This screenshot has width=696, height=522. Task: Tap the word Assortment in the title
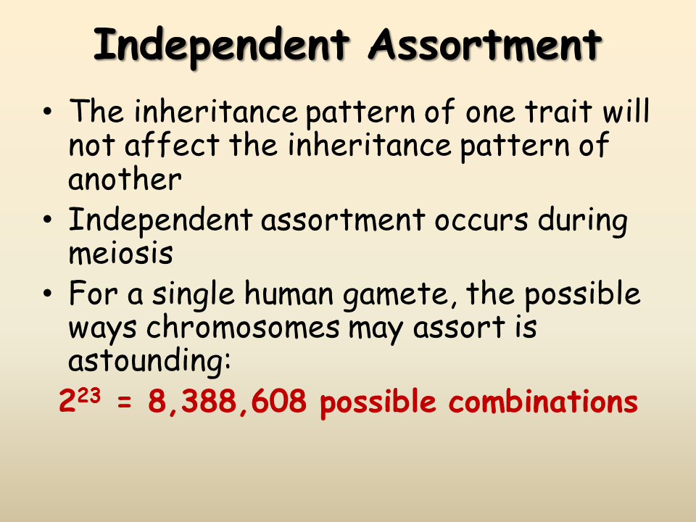485,45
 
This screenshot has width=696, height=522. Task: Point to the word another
123,178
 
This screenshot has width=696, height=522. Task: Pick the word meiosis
120,254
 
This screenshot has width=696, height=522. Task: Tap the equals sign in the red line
125,403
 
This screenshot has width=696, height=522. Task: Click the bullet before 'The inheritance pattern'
48,114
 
